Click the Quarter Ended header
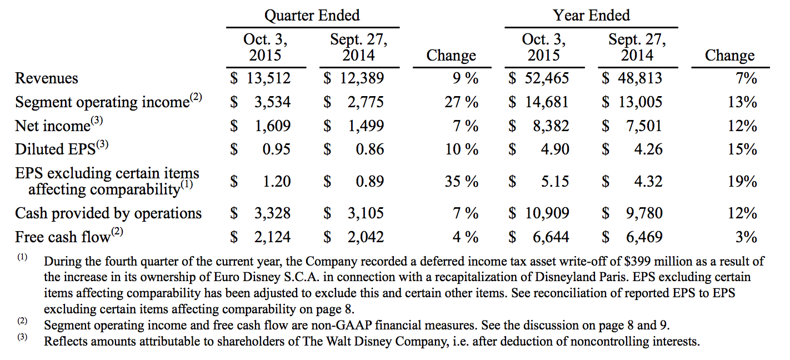tap(312, 16)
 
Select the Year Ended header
tap(592, 16)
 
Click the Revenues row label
tap(47, 78)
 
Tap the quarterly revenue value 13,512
tap(268, 78)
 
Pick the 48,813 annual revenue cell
tap(640, 78)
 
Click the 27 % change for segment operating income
tap(461, 102)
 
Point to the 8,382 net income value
tap(551, 126)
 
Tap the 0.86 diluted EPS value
tap(369, 149)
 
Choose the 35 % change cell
tap(461, 182)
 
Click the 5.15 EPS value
tap(555, 182)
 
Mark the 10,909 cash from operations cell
tap(547, 213)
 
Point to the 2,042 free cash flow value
tap(366, 237)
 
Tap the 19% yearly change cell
tap(742, 182)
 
